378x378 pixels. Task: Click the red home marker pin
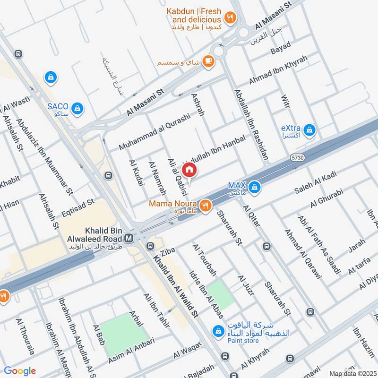tap(189, 170)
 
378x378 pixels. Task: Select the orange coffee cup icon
tap(208, 61)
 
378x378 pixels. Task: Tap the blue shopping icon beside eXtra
tap(309, 129)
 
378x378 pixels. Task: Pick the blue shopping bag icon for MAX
tap(255, 187)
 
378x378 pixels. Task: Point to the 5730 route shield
tap(296, 155)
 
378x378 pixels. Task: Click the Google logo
tap(19, 371)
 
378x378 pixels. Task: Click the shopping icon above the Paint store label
tap(217, 330)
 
